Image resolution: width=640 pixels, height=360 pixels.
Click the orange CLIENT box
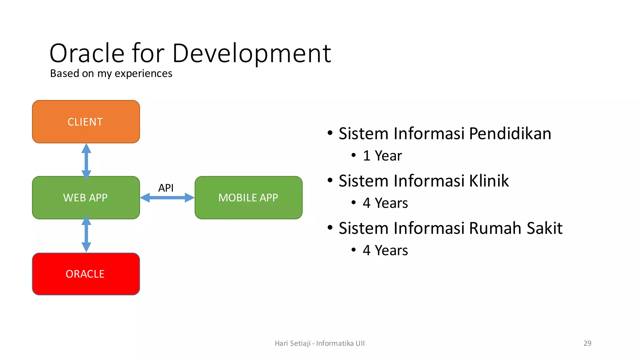click(86, 122)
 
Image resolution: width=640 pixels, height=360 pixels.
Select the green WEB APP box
click(86, 197)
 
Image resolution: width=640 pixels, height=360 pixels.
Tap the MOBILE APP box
click(248, 197)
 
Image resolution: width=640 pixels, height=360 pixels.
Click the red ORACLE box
click(86, 274)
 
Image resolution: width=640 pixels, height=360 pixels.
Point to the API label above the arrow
click(166, 188)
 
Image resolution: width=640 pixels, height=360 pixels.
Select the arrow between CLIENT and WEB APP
click(86, 161)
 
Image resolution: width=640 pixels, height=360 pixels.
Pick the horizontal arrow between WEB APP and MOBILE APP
click(167, 197)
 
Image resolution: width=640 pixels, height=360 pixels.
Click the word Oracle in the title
click(87, 53)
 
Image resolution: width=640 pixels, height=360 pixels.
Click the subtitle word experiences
click(143, 74)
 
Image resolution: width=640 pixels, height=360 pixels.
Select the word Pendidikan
click(510, 134)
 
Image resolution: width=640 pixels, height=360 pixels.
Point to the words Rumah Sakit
click(516, 228)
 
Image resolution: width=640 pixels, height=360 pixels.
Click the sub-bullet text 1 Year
click(382, 156)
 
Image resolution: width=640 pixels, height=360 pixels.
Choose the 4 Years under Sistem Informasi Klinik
click(385, 203)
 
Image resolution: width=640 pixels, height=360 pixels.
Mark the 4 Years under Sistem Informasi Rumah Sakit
click(385, 250)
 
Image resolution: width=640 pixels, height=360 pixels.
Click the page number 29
click(587, 343)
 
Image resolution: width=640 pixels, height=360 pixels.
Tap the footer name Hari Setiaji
click(292, 343)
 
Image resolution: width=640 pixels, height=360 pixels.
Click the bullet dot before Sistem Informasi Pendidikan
click(330, 133)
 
